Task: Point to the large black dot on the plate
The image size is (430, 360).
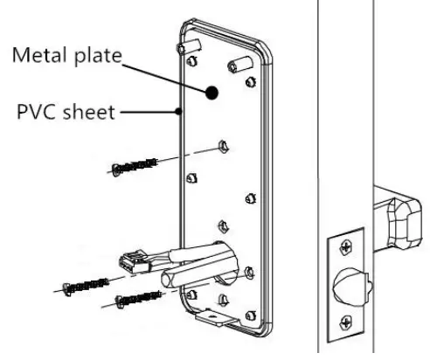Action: point(212,92)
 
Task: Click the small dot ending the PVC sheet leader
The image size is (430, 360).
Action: point(177,111)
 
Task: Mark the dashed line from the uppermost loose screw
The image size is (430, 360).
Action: point(188,153)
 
